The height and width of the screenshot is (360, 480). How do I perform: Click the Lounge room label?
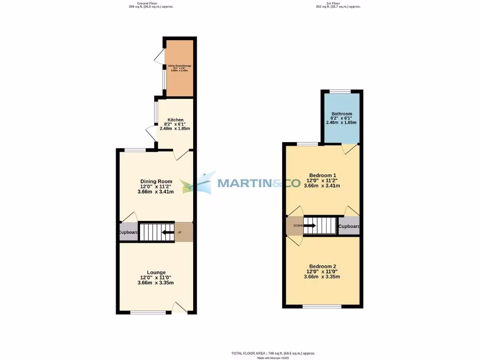[156, 272]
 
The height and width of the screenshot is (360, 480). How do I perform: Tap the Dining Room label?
[156, 181]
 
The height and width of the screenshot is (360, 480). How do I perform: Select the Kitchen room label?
[176, 120]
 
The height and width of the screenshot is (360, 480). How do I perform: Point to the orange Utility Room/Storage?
[179, 68]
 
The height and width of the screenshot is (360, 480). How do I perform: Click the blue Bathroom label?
[341, 114]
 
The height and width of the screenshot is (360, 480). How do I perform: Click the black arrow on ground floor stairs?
[167, 232]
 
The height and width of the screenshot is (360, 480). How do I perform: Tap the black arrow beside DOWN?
[310, 225]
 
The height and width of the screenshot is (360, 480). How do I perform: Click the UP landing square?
[183, 232]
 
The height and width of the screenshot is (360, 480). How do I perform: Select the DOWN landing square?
[295, 225]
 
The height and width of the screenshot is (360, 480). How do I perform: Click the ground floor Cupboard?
[128, 232]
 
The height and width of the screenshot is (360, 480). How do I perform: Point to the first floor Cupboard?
[349, 226]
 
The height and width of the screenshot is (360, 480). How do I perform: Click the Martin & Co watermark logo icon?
[199, 183]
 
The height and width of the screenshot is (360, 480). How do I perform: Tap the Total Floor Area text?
[273, 353]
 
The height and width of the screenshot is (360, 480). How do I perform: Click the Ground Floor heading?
[147, 4]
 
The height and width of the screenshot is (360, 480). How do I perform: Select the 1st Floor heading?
[338, 4]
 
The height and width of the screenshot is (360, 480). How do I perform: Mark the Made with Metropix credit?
[273, 358]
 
